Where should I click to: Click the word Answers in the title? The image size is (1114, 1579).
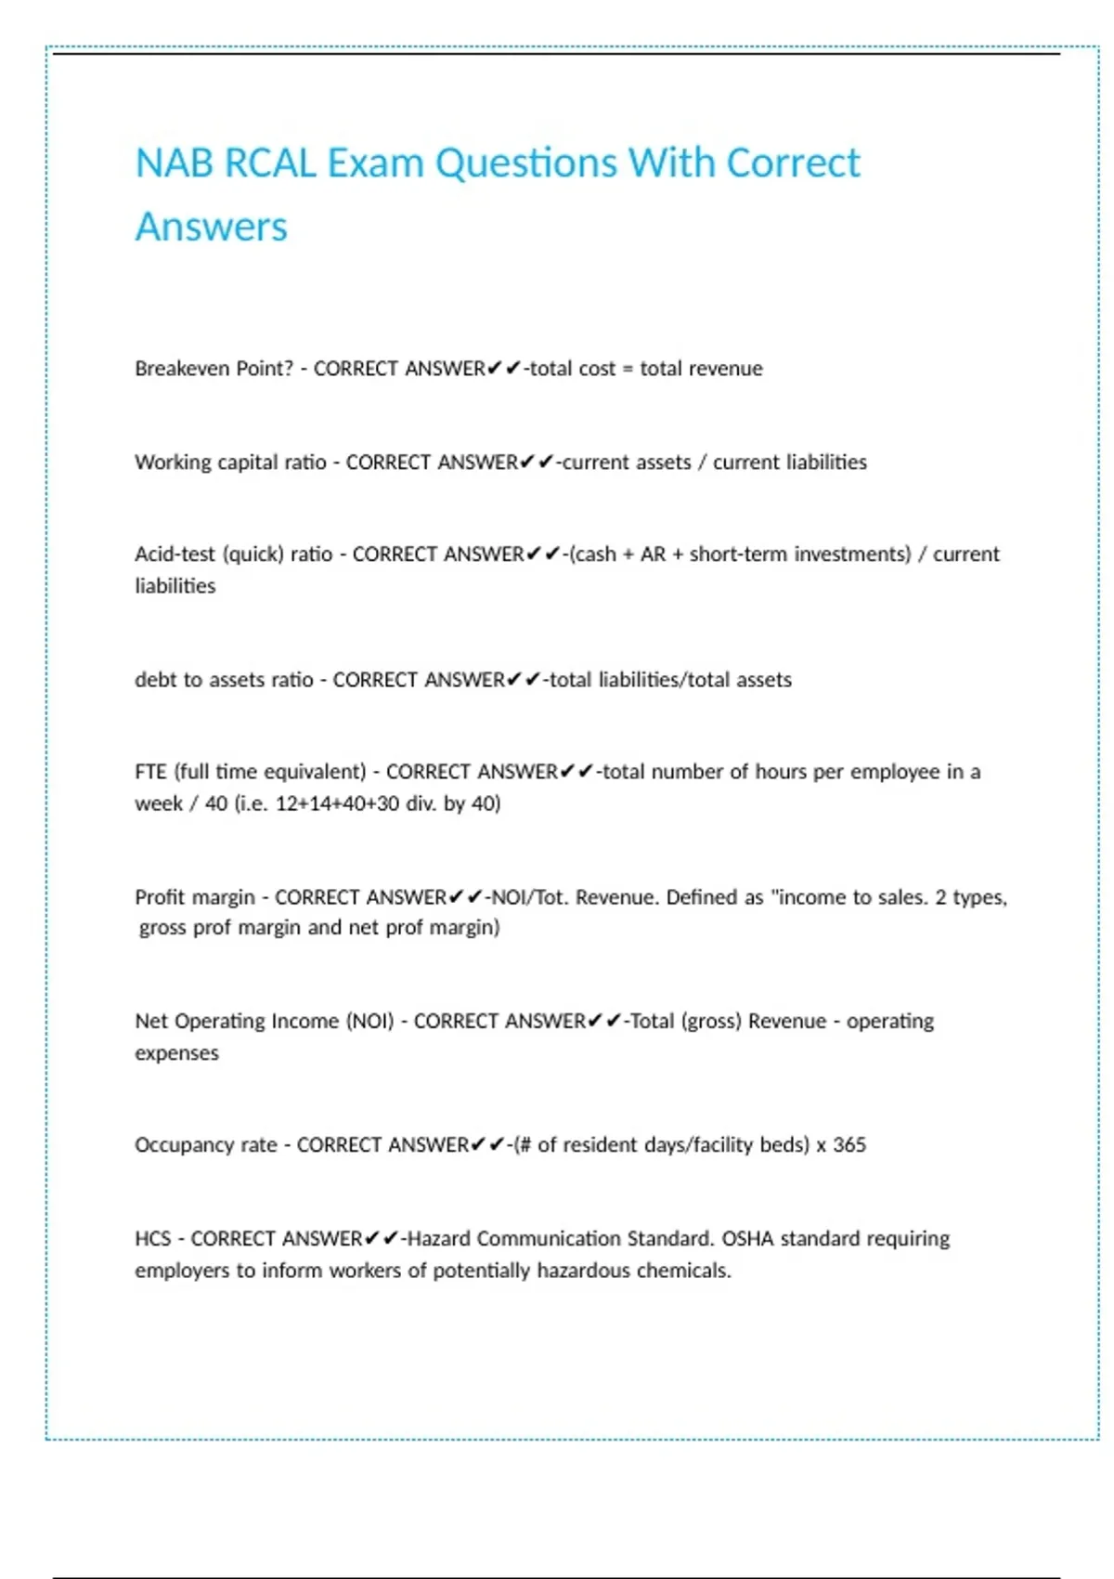212,228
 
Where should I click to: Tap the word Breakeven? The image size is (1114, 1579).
182,369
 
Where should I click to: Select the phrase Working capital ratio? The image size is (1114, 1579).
230,463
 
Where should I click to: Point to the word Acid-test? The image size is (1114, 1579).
175,555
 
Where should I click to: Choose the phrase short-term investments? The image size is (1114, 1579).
800,555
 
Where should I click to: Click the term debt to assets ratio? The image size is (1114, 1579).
224,680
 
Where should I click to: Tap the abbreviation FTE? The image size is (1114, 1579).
150,772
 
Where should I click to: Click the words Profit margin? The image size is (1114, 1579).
194,897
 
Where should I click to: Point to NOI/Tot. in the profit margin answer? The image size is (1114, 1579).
529,897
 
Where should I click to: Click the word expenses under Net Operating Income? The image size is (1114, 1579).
176,1053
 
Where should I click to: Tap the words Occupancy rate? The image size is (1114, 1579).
206,1145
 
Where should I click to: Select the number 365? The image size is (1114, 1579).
849,1145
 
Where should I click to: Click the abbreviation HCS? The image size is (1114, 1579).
152,1239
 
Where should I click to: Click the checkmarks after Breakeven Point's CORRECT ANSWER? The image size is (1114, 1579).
504,369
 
